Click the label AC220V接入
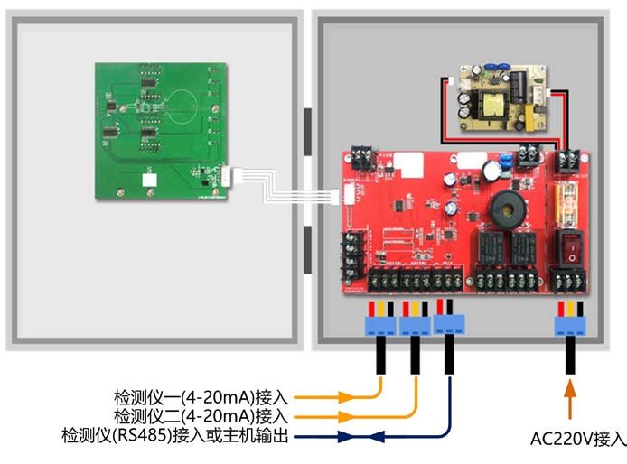tap(577, 439)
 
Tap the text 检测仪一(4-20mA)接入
tap(201, 396)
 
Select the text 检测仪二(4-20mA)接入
tap(201, 416)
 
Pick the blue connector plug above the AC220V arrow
tap(569, 324)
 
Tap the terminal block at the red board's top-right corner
tap(569, 160)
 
